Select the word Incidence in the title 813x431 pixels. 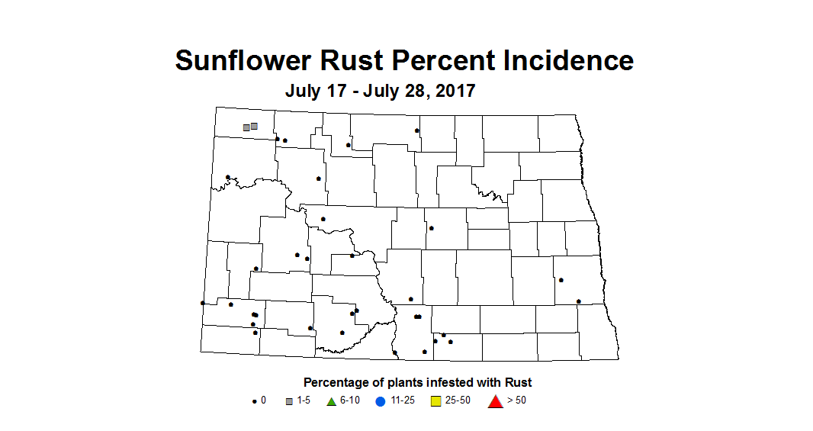571,60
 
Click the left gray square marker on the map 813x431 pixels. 246,127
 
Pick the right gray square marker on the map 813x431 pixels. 254,126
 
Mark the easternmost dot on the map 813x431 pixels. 579,301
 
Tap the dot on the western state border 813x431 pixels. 202,303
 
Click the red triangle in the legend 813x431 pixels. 495,400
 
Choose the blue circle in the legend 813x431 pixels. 380,401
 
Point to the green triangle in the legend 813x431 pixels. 332,401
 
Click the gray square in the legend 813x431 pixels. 289,401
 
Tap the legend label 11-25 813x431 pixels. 402,401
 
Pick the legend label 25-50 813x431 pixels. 458,401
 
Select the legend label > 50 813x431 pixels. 516,401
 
